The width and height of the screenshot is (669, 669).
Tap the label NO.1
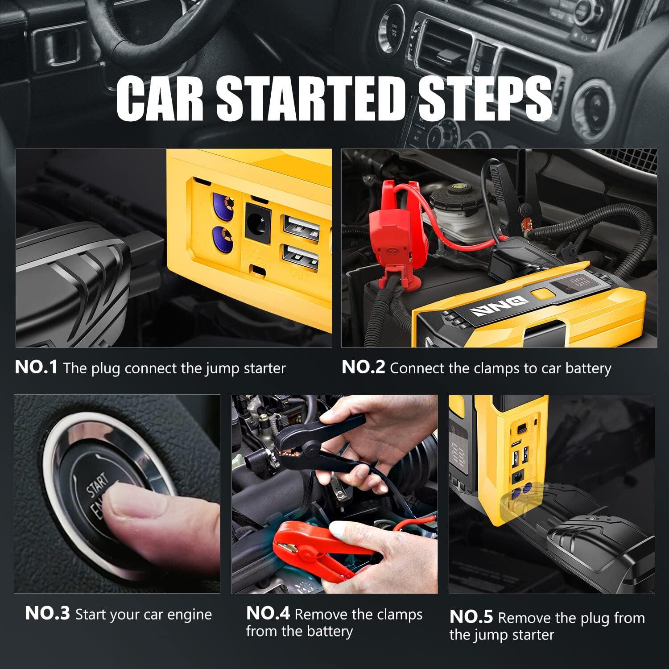click(x=36, y=368)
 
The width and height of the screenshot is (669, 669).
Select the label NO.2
click(x=363, y=368)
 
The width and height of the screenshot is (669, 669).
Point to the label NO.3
click(x=47, y=614)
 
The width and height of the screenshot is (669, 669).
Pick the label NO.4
click(x=268, y=614)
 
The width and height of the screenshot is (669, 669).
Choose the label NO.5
click(x=471, y=617)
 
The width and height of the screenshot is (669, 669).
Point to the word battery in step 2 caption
click(x=588, y=368)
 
